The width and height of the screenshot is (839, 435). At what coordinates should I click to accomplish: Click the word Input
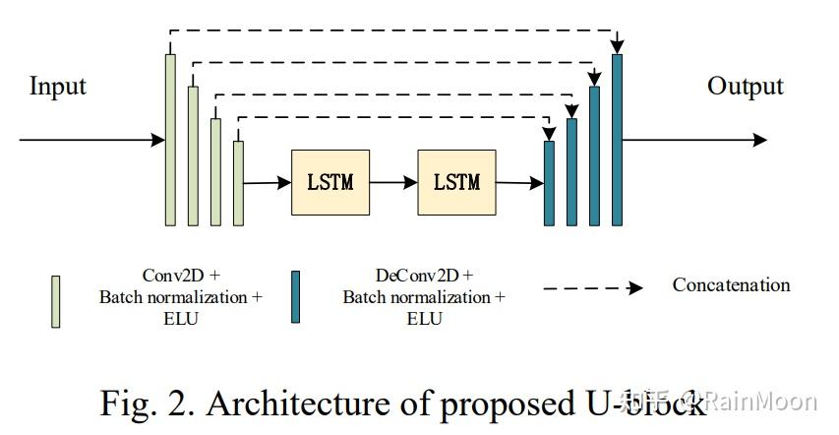[x=58, y=87]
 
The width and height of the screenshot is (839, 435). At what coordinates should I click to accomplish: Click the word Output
[x=745, y=87]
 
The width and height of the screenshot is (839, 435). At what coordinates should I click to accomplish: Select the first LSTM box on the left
[x=330, y=182]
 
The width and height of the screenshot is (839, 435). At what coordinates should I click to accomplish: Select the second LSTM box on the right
[x=456, y=182]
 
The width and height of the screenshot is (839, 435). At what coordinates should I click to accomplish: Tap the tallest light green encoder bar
[x=170, y=139]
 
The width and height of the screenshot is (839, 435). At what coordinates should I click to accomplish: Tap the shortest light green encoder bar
[x=238, y=183]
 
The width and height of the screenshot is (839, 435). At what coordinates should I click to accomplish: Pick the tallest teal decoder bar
[x=618, y=139]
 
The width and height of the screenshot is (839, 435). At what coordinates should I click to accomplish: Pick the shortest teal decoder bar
[x=550, y=183]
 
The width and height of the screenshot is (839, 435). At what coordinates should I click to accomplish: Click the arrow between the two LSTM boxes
[x=393, y=182]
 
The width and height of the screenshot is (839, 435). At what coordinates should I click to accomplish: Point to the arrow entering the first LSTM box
[x=267, y=182]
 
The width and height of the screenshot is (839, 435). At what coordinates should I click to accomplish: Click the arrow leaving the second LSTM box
[x=519, y=182]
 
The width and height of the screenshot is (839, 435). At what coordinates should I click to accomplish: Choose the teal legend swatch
[x=295, y=296]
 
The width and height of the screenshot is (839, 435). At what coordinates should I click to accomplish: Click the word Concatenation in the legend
[x=731, y=285]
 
